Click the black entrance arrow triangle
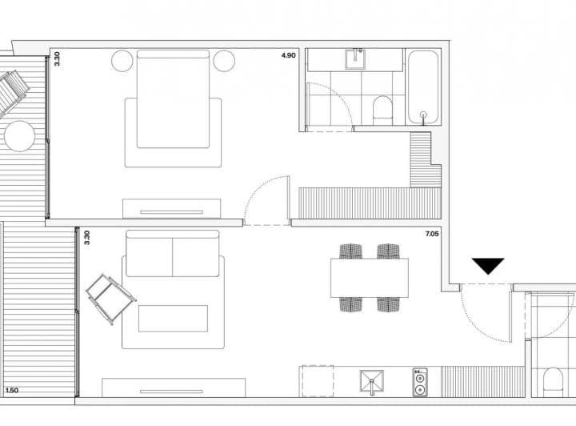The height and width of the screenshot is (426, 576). [488, 265]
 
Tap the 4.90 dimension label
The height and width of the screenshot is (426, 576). [288, 55]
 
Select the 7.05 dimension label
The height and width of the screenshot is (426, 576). [432, 234]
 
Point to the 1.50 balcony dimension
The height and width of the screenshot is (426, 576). [12, 390]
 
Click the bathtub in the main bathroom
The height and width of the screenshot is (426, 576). [423, 87]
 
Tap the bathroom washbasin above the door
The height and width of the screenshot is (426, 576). [355, 59]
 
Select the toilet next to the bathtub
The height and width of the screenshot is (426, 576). [382, 111]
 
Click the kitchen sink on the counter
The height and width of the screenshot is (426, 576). [372, 381]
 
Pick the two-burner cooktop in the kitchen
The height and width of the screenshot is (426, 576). [420, 382]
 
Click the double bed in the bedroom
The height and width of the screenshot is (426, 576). [173, 99]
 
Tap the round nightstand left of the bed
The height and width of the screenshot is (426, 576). [122, 61]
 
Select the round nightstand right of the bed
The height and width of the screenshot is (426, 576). [224, 61]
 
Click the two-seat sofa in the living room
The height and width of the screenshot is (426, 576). [173, 254]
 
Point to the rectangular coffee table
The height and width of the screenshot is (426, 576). [173, 319]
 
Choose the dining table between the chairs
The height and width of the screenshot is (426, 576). [370, 278]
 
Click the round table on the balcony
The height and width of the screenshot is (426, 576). [19, 136]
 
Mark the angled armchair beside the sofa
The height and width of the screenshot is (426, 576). [111, 299]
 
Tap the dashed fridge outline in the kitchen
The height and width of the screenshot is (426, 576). [317, 381]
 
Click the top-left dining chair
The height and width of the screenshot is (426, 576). [351, 251]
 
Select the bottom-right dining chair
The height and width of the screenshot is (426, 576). [388, 304]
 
